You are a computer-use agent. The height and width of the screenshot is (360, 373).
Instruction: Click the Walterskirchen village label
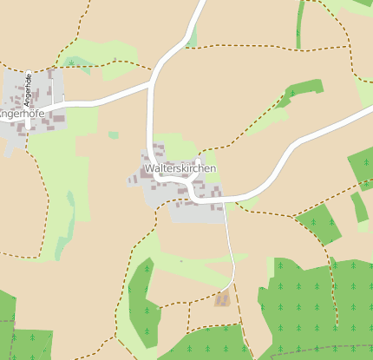click(180, 168)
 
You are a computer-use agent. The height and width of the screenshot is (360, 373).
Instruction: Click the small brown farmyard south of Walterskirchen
click(223, 299)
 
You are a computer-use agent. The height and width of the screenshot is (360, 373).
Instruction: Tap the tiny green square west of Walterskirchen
click(114, 135)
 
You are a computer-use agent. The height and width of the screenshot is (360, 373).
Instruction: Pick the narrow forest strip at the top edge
click(300, 22)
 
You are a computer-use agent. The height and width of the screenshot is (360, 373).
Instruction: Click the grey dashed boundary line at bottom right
click(312, 349)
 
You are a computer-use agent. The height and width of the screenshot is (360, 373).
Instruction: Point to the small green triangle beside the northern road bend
click(192, 37)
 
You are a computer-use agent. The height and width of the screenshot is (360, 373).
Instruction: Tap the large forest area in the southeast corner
click(321, 304)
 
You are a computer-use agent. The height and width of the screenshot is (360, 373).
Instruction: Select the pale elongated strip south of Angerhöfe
click(64, 226)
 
